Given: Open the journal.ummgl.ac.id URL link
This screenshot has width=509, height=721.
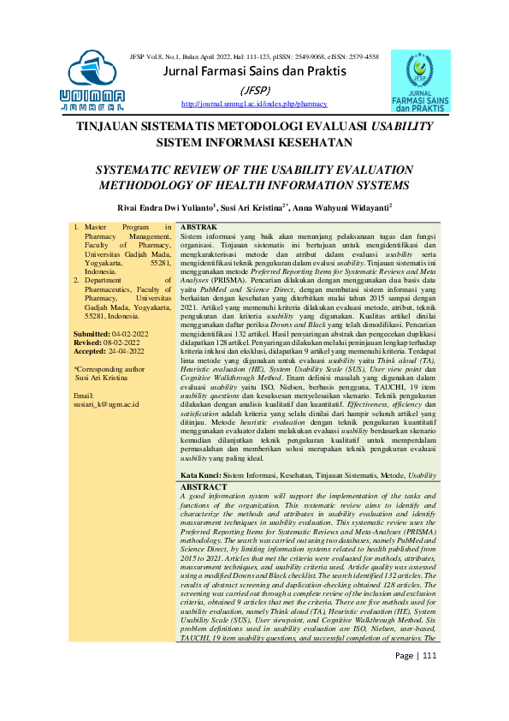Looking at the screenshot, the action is pyautogui.click(x=254, y=104).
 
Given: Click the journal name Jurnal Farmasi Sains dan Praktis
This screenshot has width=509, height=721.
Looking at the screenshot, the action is pyautogui.click(x=255, y=71).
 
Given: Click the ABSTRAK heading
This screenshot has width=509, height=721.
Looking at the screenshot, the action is pyautogui.click(x=198, y=226).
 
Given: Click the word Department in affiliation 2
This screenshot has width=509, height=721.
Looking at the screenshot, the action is pyautogui.click(x=107, y=279).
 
